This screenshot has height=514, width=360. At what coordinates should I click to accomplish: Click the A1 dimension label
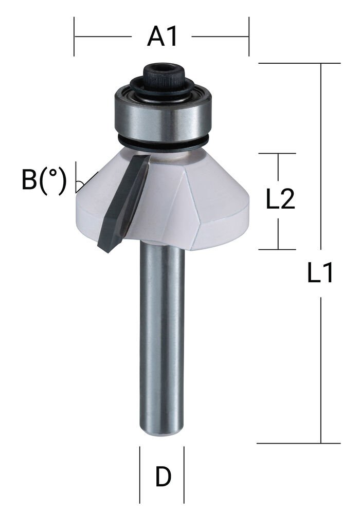162,36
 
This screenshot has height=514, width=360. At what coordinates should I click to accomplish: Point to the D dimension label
163,478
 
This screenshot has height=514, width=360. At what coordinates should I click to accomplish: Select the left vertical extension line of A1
75,36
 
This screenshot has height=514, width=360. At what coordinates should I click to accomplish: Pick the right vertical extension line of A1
249,36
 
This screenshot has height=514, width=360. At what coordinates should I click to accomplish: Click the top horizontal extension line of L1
298,63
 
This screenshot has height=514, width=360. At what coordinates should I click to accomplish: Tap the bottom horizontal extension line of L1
298,443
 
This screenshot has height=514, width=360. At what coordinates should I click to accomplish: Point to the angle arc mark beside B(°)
79,183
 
